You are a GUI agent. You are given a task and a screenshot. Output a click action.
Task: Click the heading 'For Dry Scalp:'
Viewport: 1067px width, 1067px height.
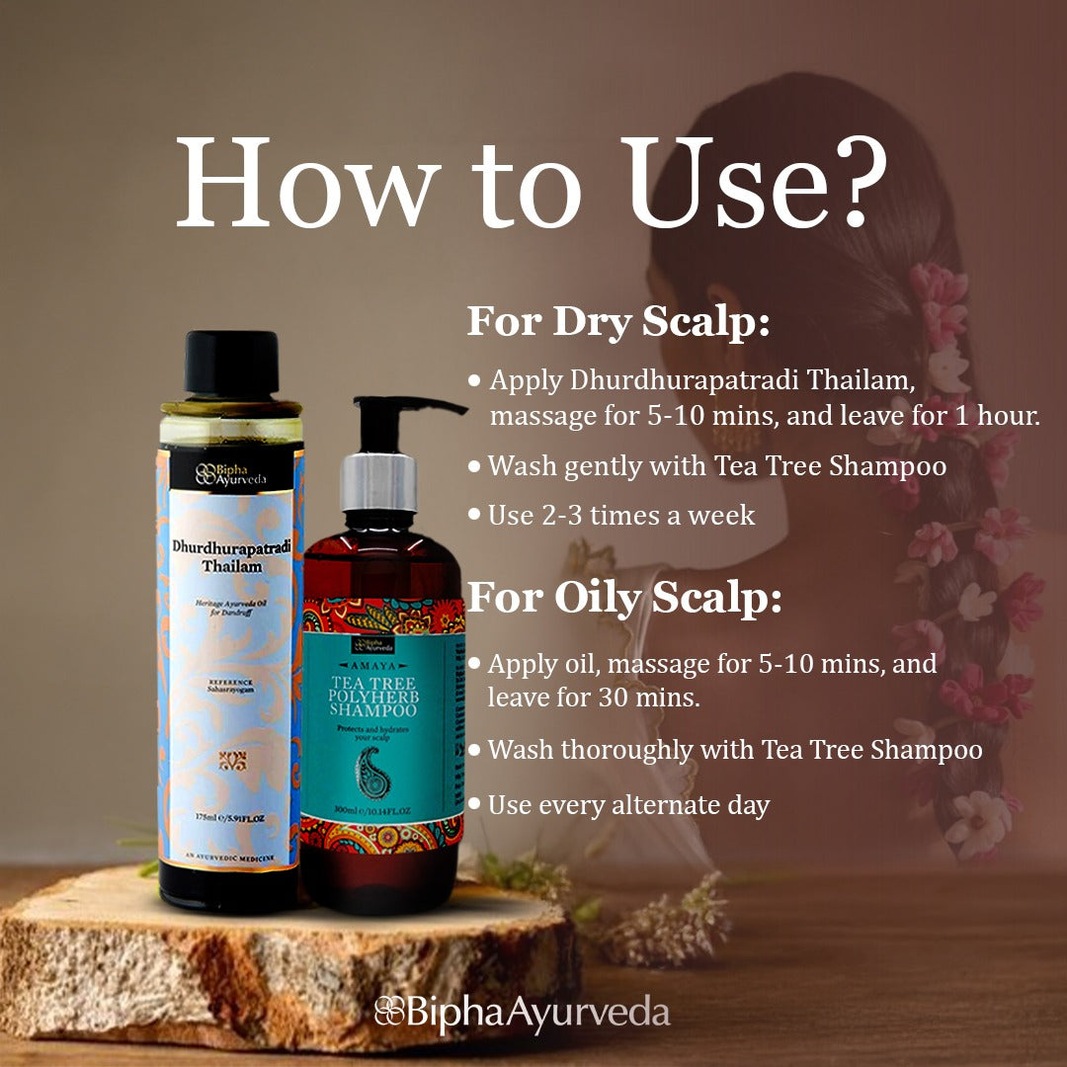tap(617, 322)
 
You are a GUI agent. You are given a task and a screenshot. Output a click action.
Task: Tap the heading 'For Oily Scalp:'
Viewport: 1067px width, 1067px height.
tap(624, 599)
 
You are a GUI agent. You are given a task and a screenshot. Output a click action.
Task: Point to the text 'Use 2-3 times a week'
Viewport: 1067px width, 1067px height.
tap(621, 515)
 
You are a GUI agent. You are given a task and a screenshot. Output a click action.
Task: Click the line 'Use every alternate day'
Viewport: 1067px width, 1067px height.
tap(628, 805)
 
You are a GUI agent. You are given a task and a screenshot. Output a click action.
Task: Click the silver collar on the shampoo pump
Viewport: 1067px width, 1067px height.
tap(379, 484)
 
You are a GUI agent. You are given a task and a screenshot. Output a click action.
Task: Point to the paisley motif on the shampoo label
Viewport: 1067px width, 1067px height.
tap(372, 770)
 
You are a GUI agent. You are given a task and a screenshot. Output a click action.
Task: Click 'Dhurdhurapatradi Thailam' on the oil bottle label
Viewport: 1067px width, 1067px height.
tap(228, 557)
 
